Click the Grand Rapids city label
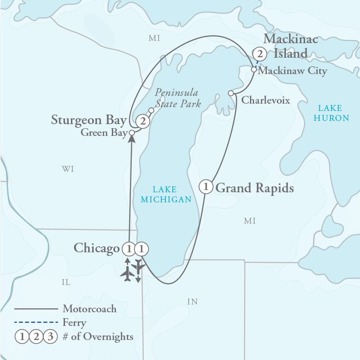[255, 188]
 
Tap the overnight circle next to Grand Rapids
[206, 186]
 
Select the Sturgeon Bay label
[88, 120]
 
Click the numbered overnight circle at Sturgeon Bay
[143, 121]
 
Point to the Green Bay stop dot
[132, 133]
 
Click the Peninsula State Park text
[177, 98]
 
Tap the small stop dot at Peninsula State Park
[151, 110]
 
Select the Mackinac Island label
[290, 46]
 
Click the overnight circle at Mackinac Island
[260, 54]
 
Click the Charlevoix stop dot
[231, 93]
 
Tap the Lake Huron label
[333, 113]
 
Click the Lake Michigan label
[165, 195]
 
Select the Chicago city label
[97, 248]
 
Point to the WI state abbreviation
[68, 170]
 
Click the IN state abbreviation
[192, 301]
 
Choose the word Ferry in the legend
[75, 323]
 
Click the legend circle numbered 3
[50, 337]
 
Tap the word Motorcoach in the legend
[90, 309]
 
